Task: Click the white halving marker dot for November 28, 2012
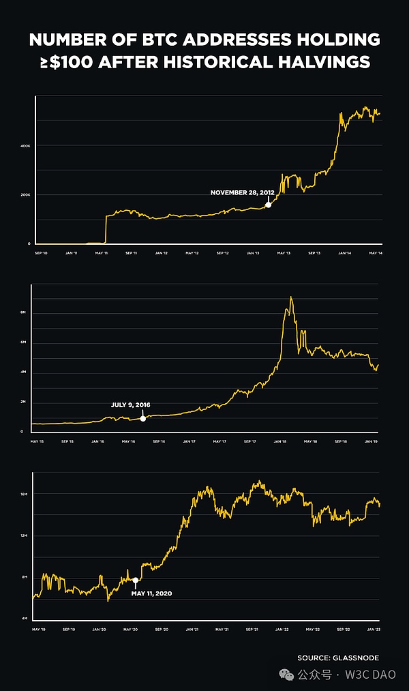pyautogui.click(x=268, y=205)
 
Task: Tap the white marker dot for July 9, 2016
pyautogui.click(x=142, y=418)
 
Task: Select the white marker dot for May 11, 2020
pyautogui.click(x=135, y=580)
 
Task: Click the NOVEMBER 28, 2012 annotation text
pyautogui.click(x=243, y=192)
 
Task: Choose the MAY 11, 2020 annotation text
pyautogui.click(x=151, y=593)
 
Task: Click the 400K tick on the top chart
pyautogui.click(x=25, y=146)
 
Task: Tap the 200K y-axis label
pyautogui.click(x=25, y=195)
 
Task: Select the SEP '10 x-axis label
pyautogui.click(x=41, y=253)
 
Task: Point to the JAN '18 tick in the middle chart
pyautogui.click(x=280, y=441)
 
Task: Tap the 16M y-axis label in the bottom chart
pyautogui.click(x=24, y=494)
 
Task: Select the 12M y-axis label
pyautogui.click(x=24, y=535)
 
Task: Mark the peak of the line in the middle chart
pyautogui.click(x=291, y=297)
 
